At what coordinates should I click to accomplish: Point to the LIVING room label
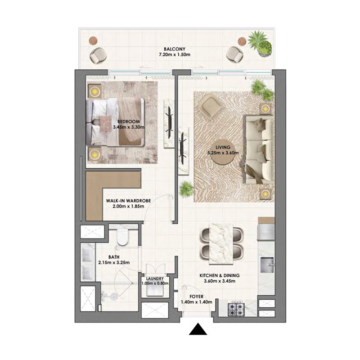(223, 147)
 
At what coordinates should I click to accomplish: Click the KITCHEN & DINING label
(220, 275)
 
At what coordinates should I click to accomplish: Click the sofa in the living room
(259, 148)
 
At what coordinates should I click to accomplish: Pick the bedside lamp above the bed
(95, 92)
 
